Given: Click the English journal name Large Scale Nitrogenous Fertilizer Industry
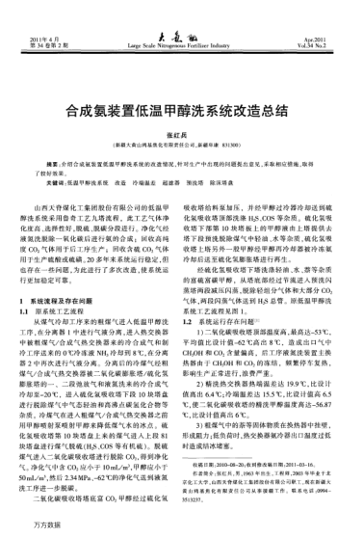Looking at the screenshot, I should pos(181,43).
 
